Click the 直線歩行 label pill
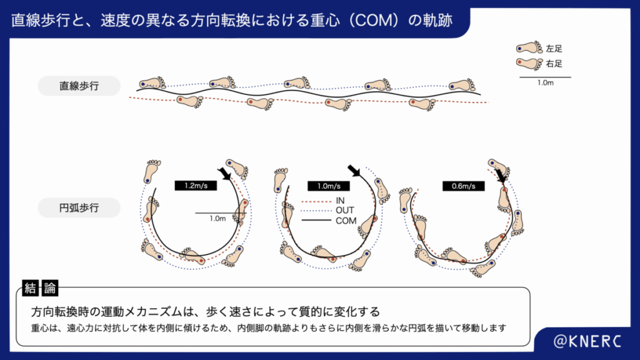click(x=79, y=86)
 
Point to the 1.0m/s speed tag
click(x=327, y=186)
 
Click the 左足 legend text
click(x=554, y=48)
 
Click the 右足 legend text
click(x=554, y=63)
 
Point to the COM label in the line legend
click(x=346, y=221)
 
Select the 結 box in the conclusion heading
click(x=30, y=288)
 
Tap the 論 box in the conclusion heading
click(x=50, y=288)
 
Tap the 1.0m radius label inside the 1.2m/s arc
click(x=217, y=219)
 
